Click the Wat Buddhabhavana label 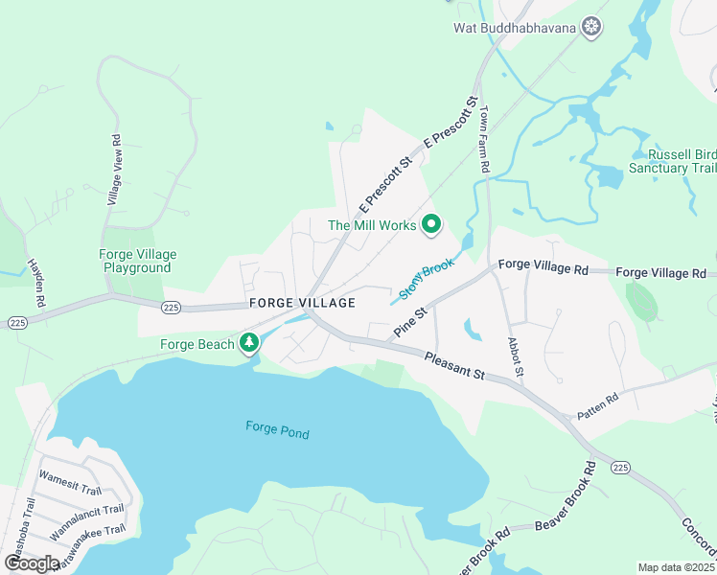coord(515,27)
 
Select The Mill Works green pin coord(431,225)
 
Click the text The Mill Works coord(372,225)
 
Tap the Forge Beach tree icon coord(249,342)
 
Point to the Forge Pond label coord(277,430)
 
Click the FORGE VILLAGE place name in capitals coord(302,303)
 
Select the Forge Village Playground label coord(137,261)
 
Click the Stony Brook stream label coord(426,279)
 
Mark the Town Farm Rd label coord(485,139)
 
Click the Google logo coord(33,563)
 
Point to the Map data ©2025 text coord(676,567)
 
